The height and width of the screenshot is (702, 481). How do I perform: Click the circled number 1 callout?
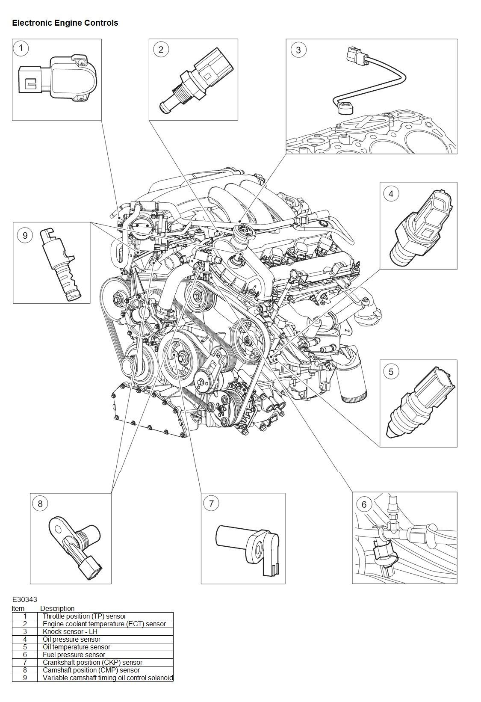pyautogui.click(x=21, y=48)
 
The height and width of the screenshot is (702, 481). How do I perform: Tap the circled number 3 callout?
pyautogui.click(x=298, y=50)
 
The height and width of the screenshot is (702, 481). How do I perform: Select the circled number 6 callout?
pyautogui.click(x=364, y=504)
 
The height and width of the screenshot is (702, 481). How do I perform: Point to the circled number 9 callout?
pyautogui.click(x=25, y=235)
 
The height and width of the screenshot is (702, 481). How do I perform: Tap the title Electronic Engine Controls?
pyautogui.click(x=65, y=23)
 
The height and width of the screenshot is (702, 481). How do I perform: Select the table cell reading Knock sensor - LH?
pyautogui.click(x=70, y=631)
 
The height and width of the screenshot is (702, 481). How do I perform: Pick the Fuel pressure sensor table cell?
pyautogui.click(x=74, y=655)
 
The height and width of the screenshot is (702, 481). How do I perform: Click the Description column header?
pyautogui.click(x=57, y=608)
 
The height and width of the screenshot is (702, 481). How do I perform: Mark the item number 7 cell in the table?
pyautogui.click(x=25, y=662)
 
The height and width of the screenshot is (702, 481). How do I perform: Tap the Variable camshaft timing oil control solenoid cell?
pyautogui.click(x=108, y=678)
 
